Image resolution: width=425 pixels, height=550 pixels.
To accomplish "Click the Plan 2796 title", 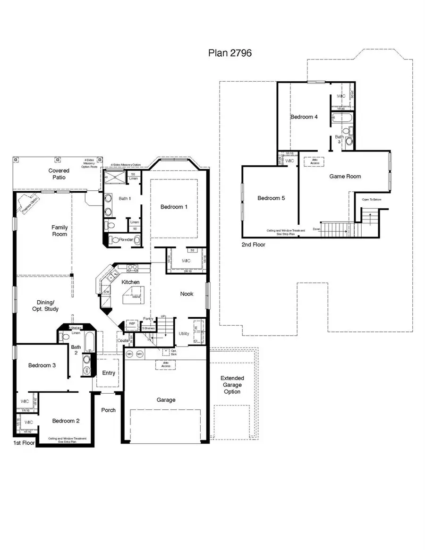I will click(x=229, y=53).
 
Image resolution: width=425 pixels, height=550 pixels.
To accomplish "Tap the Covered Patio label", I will click(x=59, y=174).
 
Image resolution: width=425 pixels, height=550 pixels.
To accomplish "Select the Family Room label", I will click(x=59, y=230).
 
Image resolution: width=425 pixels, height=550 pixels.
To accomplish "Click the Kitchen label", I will click(x=131, y=282).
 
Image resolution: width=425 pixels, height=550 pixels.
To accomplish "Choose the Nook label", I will click(x=187, y=294).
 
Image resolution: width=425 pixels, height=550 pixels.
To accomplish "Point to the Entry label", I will click(x=109, y=373).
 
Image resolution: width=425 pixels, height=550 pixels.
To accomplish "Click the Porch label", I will click(x=108, y=410).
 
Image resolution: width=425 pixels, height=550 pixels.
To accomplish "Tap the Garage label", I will click(x=166, y=400).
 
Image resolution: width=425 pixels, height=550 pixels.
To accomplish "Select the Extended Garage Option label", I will click(x=232, y=385).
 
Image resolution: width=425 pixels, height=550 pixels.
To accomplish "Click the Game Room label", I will click(x=345, y=176).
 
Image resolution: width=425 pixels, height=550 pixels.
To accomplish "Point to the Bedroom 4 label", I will click(x=304, y=117).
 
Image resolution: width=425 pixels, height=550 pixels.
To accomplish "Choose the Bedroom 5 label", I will click(x=271, y=198).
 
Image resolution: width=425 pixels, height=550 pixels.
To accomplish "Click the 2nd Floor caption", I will click(x=253, y=245).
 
